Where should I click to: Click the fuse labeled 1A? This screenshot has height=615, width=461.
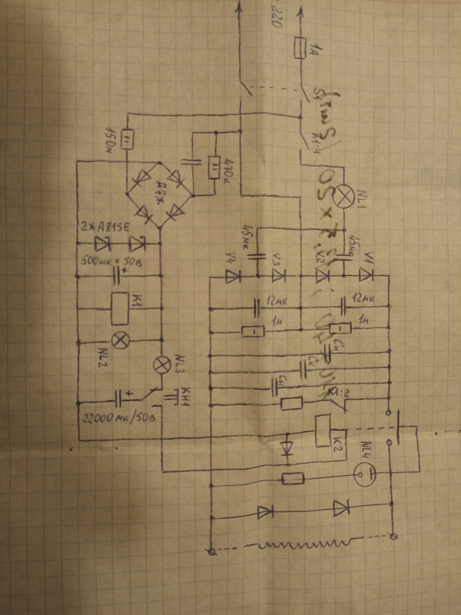click(301, 51)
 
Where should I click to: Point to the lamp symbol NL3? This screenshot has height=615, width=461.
click(163, 364)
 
